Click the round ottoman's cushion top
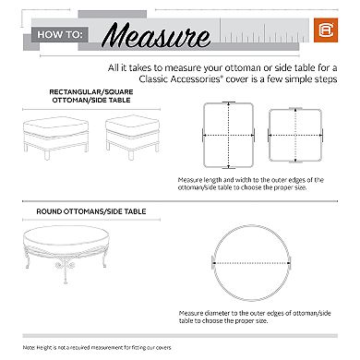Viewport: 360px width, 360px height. point(89,237)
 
